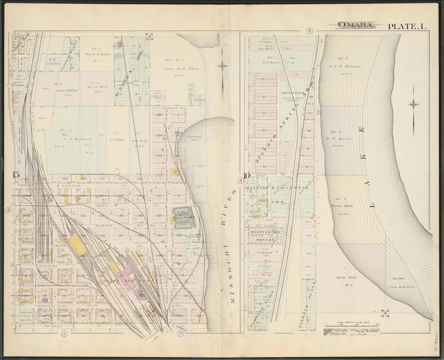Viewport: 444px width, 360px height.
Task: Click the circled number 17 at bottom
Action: pos(180,333)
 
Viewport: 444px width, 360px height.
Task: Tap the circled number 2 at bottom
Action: pos(63,333)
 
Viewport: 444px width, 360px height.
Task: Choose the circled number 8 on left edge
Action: pos(8,210)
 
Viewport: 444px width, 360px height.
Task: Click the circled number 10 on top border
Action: pos(310,30)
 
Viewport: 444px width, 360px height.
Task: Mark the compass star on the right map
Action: pos(413,104)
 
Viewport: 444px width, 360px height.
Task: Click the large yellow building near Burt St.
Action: pos(77,245)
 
